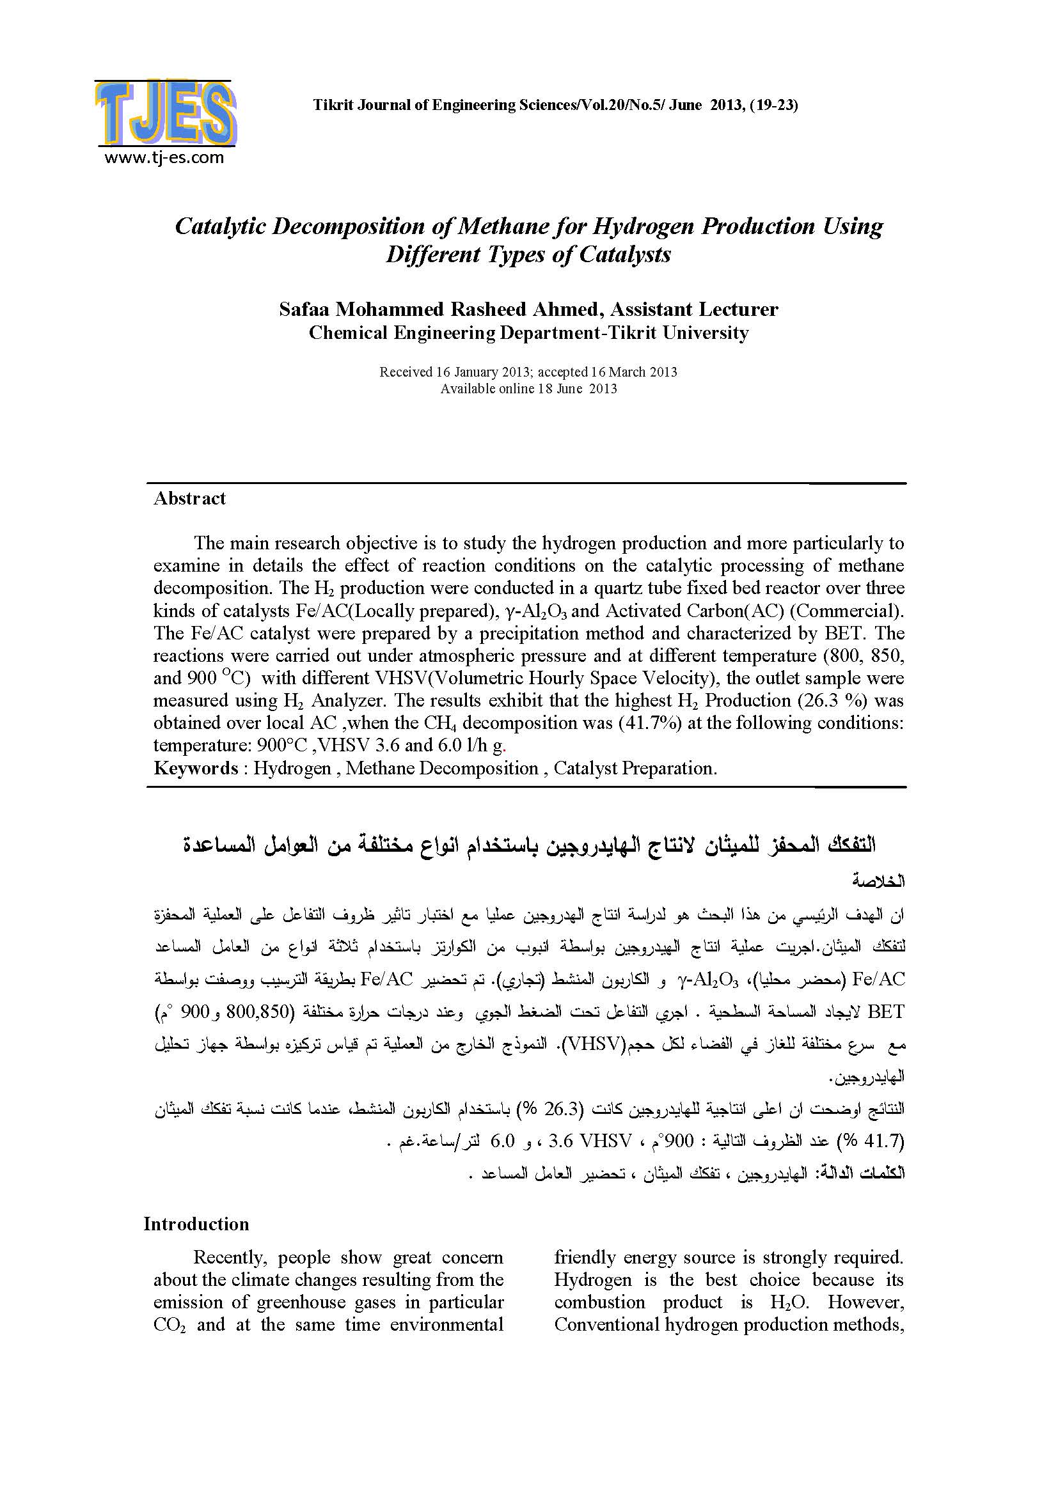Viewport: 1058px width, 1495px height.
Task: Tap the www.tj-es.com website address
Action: coord(164,157)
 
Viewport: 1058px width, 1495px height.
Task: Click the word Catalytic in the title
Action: coord(219,226)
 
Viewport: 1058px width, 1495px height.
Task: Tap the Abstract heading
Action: coord(189,499)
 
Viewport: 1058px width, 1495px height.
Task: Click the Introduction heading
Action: coord(196,1224)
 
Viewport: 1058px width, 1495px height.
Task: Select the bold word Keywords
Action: coord(196,769)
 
